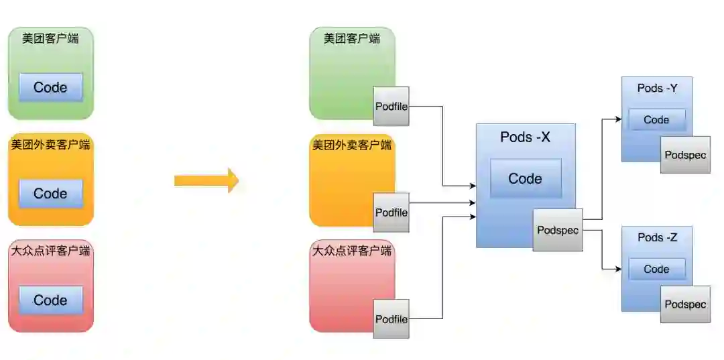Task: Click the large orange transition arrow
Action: pyautogui.click(x=206, y=180)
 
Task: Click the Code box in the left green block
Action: pyautogui.click(x=51, y=87)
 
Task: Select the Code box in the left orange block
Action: pyautogui.click(x=51, y=194)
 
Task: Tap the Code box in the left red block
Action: pyautogui.click(x=51, y=300)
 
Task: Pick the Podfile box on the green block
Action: pyautogui.click(x=391, y=106)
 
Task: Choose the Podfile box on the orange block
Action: pyautogui.click(x=391, y=213)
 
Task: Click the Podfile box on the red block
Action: pyautogui.click(x=391, y=319)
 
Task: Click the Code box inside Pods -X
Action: pyautogui.click(x=526, y=178)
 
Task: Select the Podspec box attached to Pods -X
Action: pyautogui.click(x=558, y=229)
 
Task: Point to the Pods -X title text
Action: pyautogui.click(x=526, y=137)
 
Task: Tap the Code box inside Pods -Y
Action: pyautogui.click(x=656, y=120)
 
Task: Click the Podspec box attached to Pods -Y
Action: pyautogui.click(x=685, y=155)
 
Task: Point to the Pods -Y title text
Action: pyautogui.click(x=656, y=88)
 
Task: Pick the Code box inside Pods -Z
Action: pyautogui.click(x=656, y=269)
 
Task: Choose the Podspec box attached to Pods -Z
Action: pyautogui.click(x=685, y=304)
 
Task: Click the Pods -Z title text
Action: pyautogui.click(x=656, y=237)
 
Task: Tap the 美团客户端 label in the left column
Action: pyautogui.click(x=50, y=38)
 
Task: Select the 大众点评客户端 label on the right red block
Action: pyautogui.click(x=352, y=252)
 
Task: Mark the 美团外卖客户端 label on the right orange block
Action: pyautogui.click(x=352, y=145)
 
